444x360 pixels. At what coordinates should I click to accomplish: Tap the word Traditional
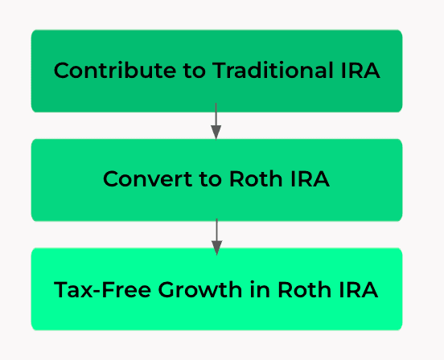[x=273, y=70]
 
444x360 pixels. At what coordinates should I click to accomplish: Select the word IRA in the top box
[x=360, y=70]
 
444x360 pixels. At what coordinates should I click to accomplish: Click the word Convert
[x=147, y=179]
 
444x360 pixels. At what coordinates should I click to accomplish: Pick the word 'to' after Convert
[x=210, y=179]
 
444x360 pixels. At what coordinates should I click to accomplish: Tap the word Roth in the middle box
[x=256, y=178]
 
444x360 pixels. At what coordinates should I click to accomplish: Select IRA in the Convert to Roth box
[x=310, y=179]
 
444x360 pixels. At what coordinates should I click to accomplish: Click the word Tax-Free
[x=102, y=289]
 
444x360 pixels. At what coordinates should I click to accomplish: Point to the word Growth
[x=200, y=289]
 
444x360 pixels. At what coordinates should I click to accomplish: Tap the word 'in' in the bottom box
[x=260, y=289]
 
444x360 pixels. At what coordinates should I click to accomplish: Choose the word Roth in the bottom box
[x=304, y=289]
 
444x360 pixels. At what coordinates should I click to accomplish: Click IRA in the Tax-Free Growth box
[x=359, y=289]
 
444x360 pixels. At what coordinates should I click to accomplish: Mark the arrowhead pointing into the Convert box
[x=216, y=133]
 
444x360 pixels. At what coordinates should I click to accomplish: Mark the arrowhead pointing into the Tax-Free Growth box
[x=216, y=248]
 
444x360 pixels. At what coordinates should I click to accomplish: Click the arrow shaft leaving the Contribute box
[x=216, y=114]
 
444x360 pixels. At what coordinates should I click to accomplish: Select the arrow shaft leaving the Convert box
[x=216, y=230]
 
